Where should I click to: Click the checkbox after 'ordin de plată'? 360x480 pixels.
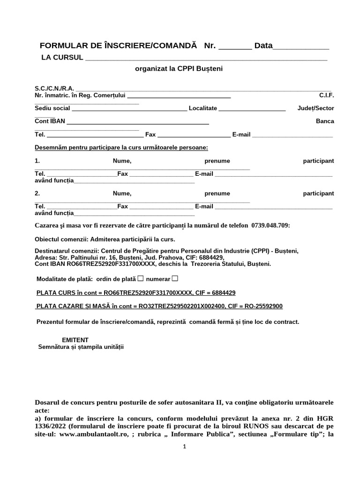(140, 279)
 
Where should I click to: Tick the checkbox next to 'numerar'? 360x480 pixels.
(175, 279)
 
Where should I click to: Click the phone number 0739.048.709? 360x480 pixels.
(270, 225)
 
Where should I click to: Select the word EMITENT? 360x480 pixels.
(75, 340)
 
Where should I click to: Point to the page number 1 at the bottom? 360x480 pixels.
(185, 447)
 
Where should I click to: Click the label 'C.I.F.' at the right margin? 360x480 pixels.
(327, 95)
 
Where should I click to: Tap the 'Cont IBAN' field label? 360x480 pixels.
(50, 121)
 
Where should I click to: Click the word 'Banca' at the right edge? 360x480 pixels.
(325, 121)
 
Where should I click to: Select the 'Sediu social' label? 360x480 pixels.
(52, 108)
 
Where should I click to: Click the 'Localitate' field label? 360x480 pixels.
(202, 108)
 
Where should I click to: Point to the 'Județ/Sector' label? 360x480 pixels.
(316, 108)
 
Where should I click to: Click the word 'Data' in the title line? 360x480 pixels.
(263, 46)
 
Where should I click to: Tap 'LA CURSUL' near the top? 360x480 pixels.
(62, 57)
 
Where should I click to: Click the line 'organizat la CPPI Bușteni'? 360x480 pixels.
(179, 68)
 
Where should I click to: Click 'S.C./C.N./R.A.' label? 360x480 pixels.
(54, 88)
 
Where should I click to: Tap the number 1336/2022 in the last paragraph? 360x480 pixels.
(52, 426)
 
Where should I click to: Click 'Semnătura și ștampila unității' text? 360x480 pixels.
(81, 347)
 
